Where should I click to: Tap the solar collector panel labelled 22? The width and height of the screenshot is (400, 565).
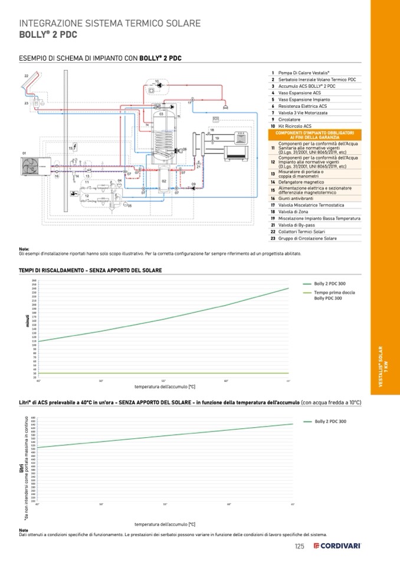(x=28, y=85)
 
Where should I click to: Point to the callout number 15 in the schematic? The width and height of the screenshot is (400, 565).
(x=71, y=149)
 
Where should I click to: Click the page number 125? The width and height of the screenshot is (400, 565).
(x=300, y=546)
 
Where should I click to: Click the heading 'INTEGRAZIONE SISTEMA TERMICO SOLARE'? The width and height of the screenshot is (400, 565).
(x=110, y=24)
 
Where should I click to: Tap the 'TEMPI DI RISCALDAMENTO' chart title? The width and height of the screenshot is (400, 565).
(x=91, y=270)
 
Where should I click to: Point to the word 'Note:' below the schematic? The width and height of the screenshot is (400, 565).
(x=24, y=249)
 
